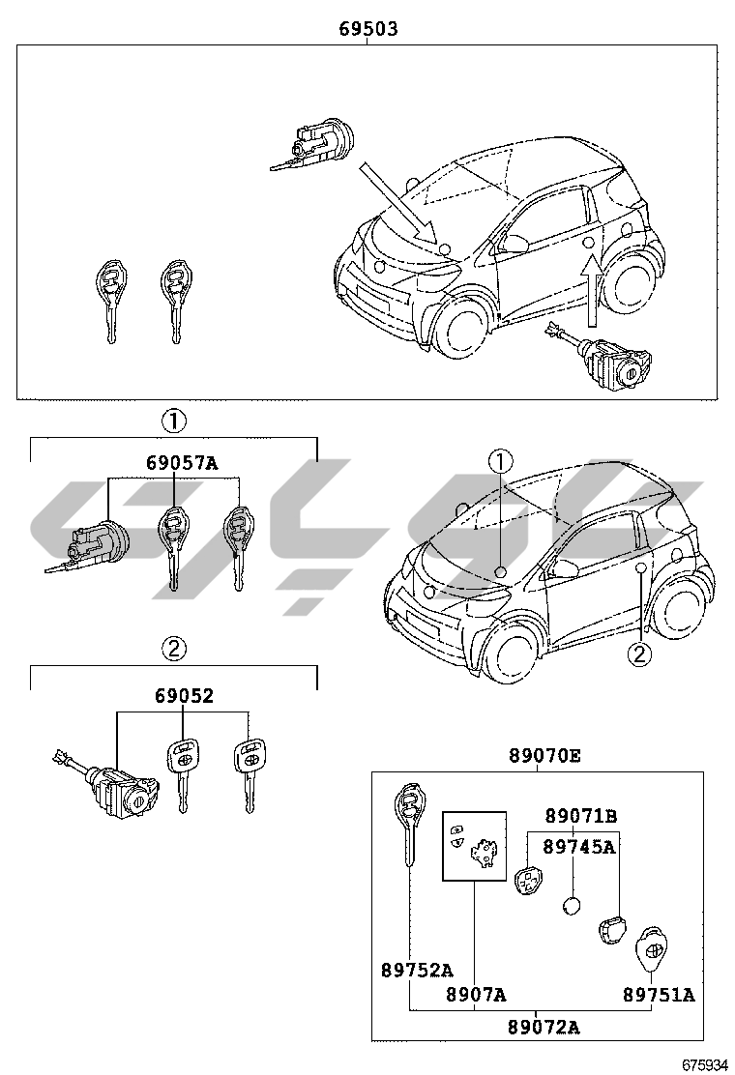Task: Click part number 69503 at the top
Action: (x=367, y=30)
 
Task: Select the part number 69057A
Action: (x=182, y=463)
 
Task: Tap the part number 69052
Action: (x=183, y=696)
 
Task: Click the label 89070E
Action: (x=544, y=756)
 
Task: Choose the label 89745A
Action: (x=579, y=847)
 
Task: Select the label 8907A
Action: (x=476, y=995)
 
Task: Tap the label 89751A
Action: (x=659, y=995)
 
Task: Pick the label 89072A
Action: (x=544, y=1027)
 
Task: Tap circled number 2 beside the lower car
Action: (x=639, y=654)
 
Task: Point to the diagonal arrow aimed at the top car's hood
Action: (x=397, y=200)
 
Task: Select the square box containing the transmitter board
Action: (x=474, y=845)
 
